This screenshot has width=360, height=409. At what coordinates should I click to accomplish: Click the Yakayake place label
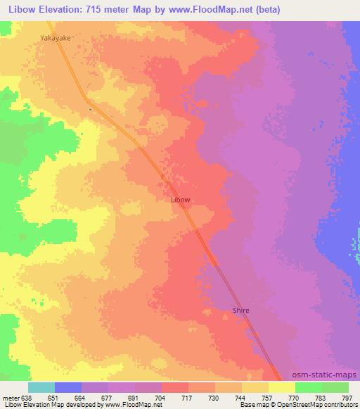pos(56,40)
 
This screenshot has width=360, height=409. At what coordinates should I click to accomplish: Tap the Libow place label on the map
pos(181,200)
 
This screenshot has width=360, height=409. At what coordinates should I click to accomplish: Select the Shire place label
pos(241,310)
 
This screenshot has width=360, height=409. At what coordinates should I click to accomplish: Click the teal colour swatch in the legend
pos(41,387)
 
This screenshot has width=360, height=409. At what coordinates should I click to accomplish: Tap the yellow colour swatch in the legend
pos(282,387)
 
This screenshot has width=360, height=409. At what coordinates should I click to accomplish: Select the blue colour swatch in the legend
pos(68,387)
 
